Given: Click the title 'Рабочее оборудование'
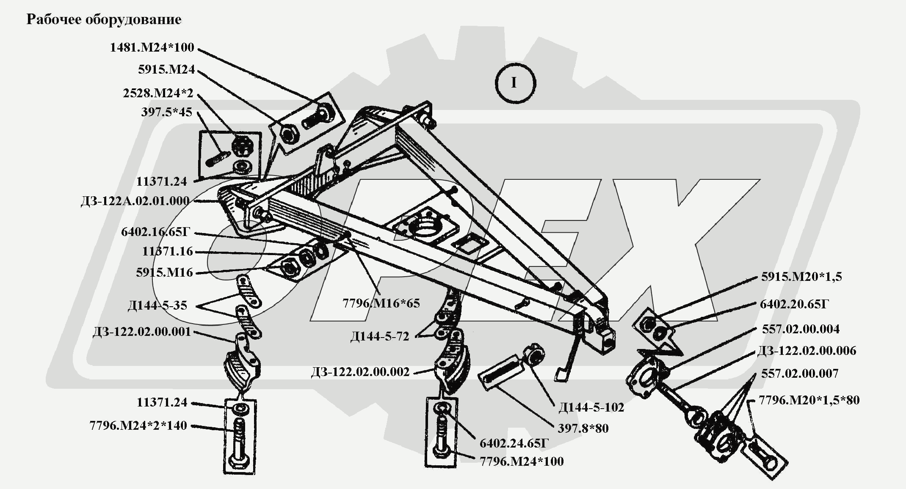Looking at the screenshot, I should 104,19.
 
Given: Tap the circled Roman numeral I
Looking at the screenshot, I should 515,83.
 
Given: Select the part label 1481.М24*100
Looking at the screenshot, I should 152,47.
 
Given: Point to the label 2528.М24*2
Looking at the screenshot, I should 158,93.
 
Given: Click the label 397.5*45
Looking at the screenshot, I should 166,113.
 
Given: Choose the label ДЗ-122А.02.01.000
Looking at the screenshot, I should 135,201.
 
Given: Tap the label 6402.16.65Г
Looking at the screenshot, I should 156,232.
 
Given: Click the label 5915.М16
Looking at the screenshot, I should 164,272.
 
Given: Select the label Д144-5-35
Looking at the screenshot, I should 157,305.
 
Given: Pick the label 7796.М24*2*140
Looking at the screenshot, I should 138,426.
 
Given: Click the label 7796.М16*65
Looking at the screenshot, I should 381,303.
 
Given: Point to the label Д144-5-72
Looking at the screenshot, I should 380,337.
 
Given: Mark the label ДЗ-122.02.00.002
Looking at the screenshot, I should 360,372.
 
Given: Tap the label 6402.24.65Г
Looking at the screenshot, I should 514,443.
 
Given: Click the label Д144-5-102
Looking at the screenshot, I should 591,407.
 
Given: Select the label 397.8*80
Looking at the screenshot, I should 583,429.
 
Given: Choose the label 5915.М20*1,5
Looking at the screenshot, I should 801,277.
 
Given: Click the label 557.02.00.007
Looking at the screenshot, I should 800,374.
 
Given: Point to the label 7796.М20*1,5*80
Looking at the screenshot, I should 809,400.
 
